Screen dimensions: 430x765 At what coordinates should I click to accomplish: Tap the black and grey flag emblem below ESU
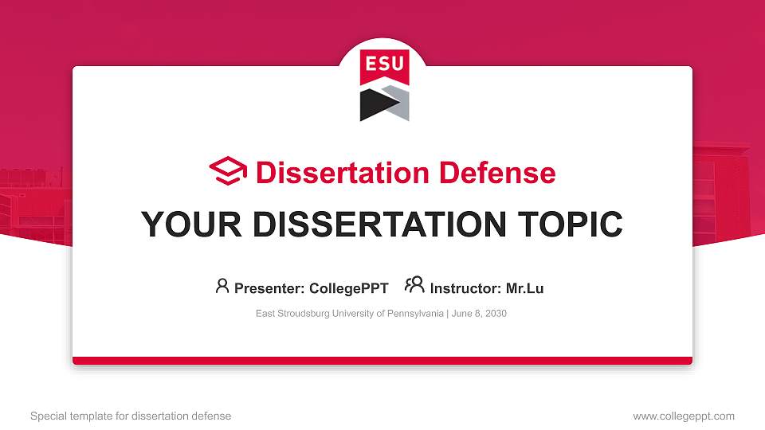pyautogui.click(x=384, y=104)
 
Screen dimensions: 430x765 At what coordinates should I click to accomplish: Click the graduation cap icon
pyautogui.click(x=228, y=171)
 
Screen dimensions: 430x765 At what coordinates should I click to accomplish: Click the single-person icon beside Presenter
pyautogui.click(x=222, y=285)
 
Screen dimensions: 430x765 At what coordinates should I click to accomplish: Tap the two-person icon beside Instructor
pyautogui.click(x=414, y=285)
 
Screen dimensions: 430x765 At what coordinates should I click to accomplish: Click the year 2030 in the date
pyautogui.click(x=495, y=314)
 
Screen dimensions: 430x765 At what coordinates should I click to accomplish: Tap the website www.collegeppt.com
pyautogui.click(x=684, y=416)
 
